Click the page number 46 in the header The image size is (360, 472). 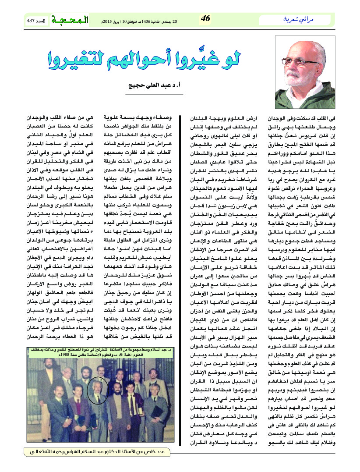pos(206,18)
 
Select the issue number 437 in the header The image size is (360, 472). pos(31,21)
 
